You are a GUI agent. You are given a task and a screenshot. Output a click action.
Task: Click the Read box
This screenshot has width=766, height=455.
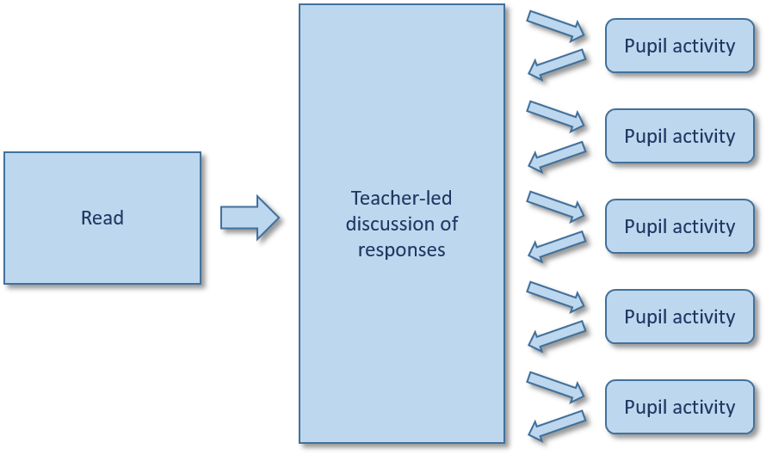(x=102, y=218)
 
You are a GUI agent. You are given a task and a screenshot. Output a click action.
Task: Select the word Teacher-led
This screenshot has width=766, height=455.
(x=402, y=199)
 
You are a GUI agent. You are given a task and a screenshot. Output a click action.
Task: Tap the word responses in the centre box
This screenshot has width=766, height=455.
(x=402, y=249)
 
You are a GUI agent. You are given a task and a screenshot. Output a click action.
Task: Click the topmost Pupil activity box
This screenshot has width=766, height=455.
(x=680, y=46)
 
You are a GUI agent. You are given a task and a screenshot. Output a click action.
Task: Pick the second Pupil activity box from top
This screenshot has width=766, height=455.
(x=680, y=136)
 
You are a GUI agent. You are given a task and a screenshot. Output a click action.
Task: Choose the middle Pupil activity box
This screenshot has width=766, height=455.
(x=680, y=226)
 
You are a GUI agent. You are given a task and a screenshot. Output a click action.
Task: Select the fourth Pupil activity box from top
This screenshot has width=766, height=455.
(x=680, y=317)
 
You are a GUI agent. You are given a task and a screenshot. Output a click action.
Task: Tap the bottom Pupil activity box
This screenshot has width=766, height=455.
(x=680, y=407)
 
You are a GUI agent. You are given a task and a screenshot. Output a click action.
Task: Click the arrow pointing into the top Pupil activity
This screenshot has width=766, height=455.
(x=556, y=25)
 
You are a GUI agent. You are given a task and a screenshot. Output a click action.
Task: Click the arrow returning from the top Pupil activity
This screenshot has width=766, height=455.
(x=556, y=65)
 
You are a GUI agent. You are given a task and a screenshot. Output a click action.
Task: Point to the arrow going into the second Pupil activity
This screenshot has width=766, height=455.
(x=556, y=115)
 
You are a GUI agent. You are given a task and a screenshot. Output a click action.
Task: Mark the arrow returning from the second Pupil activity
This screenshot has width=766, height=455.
(x=556, y=155)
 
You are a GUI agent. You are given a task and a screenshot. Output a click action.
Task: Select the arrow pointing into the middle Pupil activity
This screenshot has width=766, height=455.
(x=556, y=206)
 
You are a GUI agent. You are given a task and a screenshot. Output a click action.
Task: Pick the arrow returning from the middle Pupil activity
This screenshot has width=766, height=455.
(x=556, y=245)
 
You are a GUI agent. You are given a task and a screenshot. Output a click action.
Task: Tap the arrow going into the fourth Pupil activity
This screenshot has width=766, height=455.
(x=556, y=296)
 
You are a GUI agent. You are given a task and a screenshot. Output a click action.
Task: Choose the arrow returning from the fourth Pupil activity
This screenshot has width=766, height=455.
(x=556, y=335)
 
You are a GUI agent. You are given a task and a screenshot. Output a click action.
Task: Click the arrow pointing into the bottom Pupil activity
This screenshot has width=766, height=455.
(x=556, y=386)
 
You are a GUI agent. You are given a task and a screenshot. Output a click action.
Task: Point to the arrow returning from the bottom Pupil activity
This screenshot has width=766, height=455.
(x=556, y=426)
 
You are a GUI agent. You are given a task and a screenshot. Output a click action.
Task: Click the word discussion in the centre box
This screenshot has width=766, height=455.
(x=402, y=224)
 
